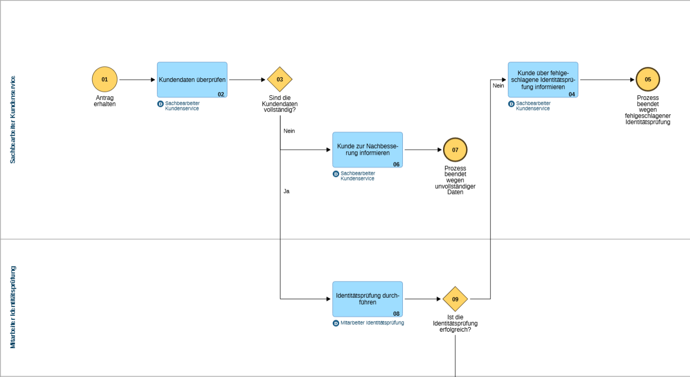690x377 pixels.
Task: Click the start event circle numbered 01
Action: tap(105, 80)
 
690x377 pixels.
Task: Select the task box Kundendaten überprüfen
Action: tap(192, 80)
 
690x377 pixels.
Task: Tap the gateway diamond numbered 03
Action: tap(280, 80)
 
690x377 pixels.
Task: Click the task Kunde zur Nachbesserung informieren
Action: tap(367, 150)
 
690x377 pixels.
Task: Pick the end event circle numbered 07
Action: tap(455, 150)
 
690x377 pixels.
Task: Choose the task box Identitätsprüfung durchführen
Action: tap(367, 299)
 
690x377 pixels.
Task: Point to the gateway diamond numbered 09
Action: tap(455, 299)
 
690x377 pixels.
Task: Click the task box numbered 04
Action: tap(543, 80)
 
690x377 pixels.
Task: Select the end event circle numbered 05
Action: tap(648, 80)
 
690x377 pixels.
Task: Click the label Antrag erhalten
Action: tap(105, 101)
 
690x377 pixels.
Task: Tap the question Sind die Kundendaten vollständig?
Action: tap(280, 104)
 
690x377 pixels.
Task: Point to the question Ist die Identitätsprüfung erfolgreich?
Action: tap(455, 324)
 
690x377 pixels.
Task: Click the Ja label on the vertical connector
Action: tap(287, 191)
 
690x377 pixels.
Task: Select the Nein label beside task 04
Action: tap(498, 85)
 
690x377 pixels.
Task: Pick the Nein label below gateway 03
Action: tap(289, 131)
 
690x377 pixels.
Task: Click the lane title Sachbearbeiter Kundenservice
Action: tap(13, 119)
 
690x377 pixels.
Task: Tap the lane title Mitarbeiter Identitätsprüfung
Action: tap(13, 308)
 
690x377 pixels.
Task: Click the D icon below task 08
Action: tap(336, 323)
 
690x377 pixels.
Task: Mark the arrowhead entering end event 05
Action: tap(632, 80)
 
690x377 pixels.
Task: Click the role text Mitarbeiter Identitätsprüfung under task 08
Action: tap(373, 323)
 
